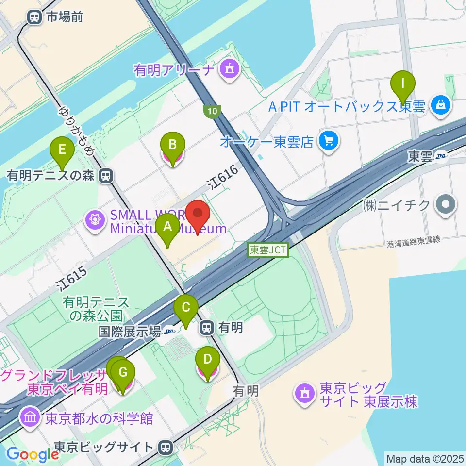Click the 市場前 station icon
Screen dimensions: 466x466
[34, 17]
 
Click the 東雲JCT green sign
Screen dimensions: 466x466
[268, 250]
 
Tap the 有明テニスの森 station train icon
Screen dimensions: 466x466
[104, 176]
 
